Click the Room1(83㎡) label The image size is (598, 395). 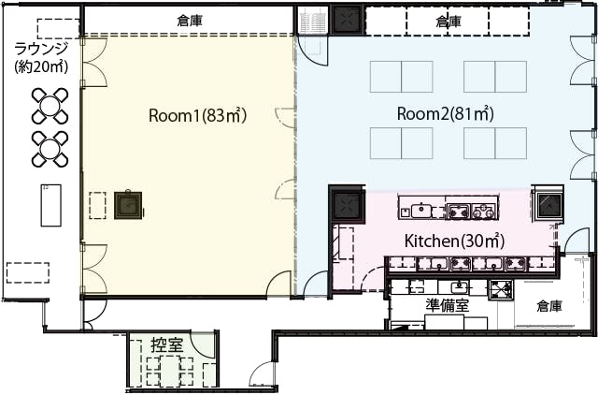[x=197, y=115]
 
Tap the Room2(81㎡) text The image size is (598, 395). [x=446, y=113]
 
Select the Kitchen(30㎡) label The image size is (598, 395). [x=454, y=241]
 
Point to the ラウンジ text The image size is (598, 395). [x=41, y=49]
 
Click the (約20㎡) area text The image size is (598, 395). [x=41, y=66]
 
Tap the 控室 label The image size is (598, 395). [x=167, y=345]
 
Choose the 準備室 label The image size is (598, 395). [x=448, y=305]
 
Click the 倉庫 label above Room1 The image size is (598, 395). [x=190, y=21]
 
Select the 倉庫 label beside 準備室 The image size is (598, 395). [x=549, y=306]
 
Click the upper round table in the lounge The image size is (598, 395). [x=50, y=106]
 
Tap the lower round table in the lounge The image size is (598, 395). [x=50, y=149]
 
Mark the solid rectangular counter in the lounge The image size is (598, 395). [x=51, y=206]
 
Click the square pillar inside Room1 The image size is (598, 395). [x=128, y=205]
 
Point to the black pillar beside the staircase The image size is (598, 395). [x=347, y=19]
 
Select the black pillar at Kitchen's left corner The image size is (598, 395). [x=347, y=203]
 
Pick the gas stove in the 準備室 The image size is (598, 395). [x=502, y=289]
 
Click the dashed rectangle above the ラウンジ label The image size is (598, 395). [x=58, y=29]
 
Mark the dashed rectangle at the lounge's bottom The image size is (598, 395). [x=28, y=272]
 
